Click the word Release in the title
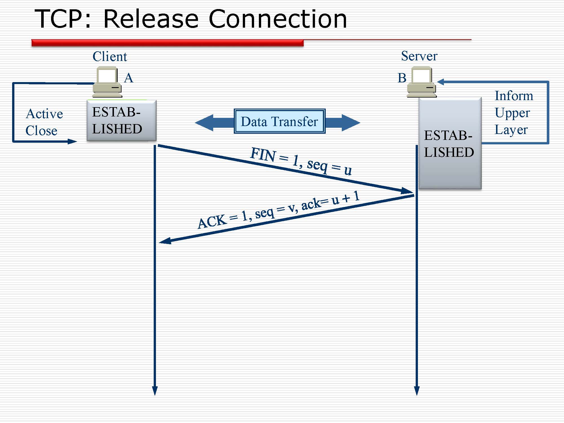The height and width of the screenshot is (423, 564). pos(151,19)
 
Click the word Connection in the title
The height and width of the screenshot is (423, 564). pos(278,19)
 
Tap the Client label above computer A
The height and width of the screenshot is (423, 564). pos(110,56)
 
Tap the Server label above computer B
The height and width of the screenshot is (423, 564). pos(419,56)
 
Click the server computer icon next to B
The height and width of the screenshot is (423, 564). pos(422,82)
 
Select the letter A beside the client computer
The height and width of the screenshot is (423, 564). pos(129,78)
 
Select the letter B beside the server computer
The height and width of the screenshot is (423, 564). pos(402,78)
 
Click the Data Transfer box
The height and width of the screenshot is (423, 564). pos(279,121)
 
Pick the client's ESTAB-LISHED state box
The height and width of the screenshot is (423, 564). pos(122,120)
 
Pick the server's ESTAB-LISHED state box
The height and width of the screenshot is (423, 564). pos(450,144)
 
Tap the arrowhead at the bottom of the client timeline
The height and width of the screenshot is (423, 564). pos(155,391)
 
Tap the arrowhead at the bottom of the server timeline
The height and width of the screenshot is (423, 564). pos(417,391)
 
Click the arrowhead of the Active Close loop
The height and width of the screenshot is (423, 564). pos(72,141)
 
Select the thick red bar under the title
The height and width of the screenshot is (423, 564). pos(168,43)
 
